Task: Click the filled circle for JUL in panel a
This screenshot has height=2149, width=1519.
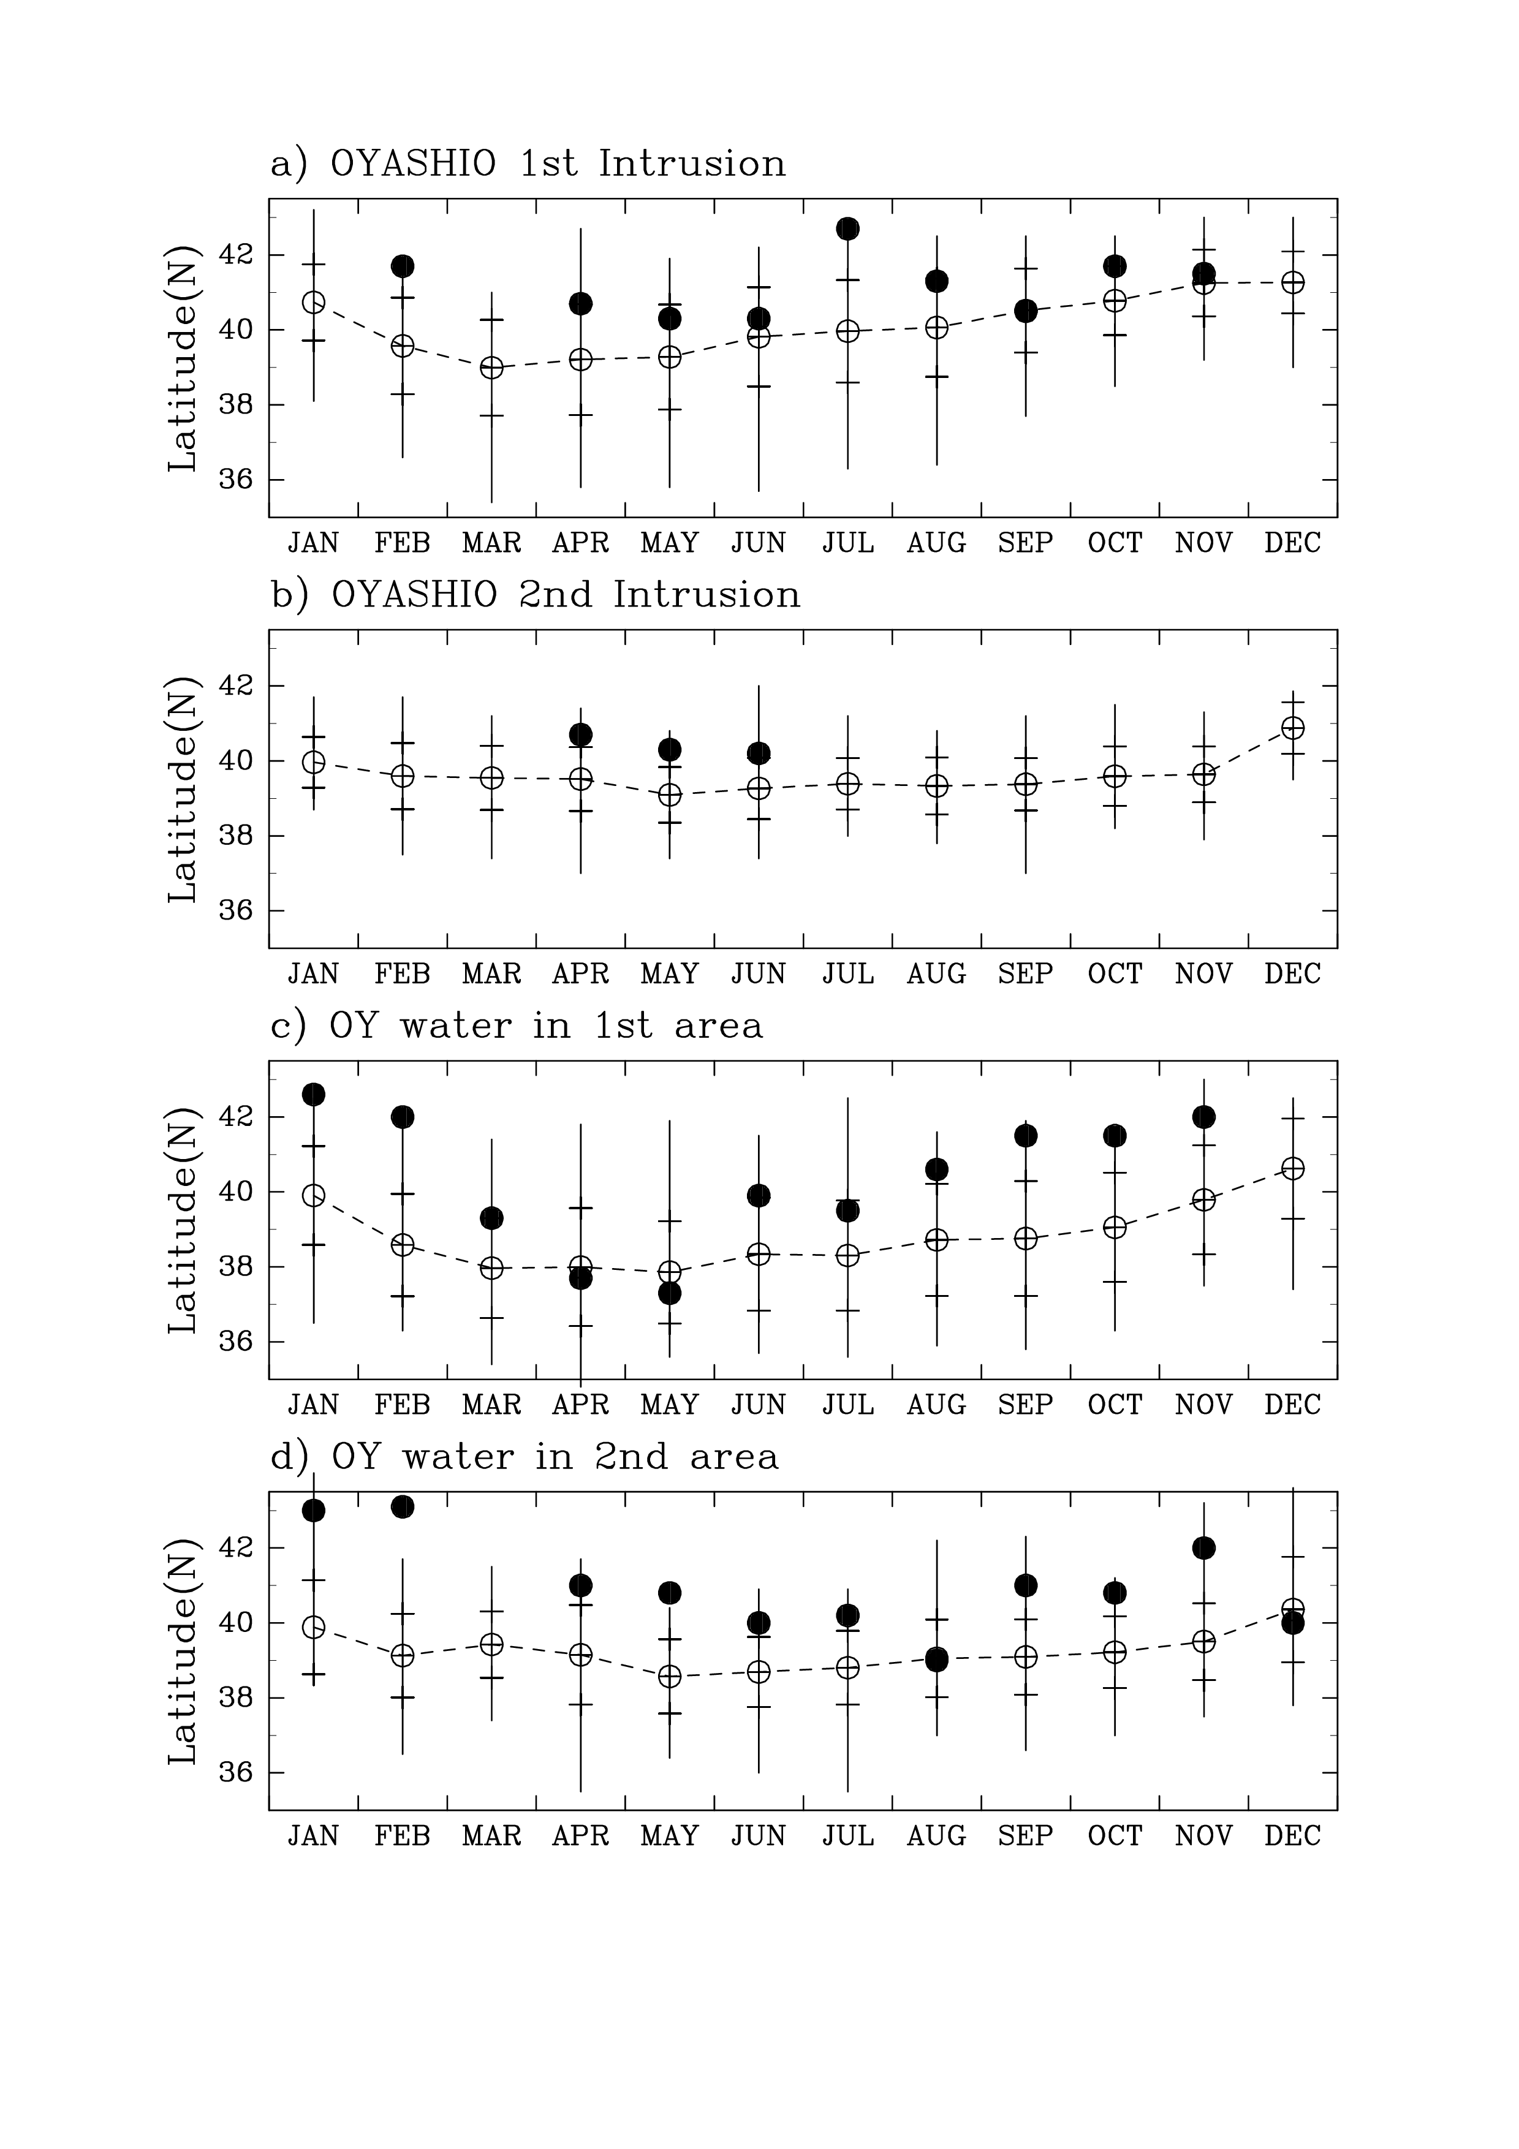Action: tap(848, 228)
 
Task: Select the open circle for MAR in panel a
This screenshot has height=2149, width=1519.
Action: tap(491, 368)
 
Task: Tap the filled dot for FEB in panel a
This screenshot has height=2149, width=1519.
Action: tap(403, 266)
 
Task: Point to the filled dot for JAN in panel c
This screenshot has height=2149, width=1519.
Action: tap(314, 1094)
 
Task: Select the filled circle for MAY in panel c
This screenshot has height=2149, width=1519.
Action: tap(669, 1294)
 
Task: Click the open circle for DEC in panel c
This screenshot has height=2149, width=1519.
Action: tap(1292, 1168)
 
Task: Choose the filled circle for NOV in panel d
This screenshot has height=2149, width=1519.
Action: tap(1203, 1547)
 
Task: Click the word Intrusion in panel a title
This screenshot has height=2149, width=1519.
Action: tap(692, 164)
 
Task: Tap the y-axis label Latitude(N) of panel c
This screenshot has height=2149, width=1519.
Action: tap(183, 1220)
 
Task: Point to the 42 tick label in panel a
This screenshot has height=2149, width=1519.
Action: tap(237, 255)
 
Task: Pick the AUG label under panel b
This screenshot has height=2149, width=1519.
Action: tap(936, 975)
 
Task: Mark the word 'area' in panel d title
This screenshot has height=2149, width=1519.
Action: tap(733, 1457)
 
